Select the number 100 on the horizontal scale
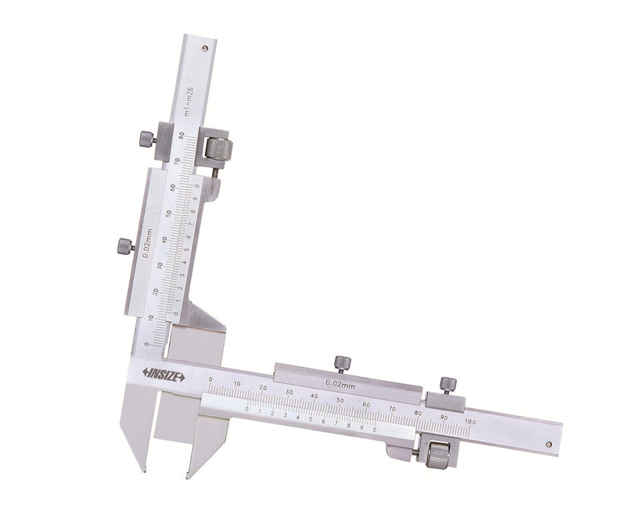pos(469,422)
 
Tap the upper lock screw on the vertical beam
pos(146,139)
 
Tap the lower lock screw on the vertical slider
pos(124,246)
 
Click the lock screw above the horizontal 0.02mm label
pos(342,363)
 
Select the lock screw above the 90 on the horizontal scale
pos(448,384)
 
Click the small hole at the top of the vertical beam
pos(205,48)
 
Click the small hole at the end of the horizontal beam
pos(548,444)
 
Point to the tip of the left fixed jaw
pos(143,470)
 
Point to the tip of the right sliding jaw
pos(187,475)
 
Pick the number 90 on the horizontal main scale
pos(444,418)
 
